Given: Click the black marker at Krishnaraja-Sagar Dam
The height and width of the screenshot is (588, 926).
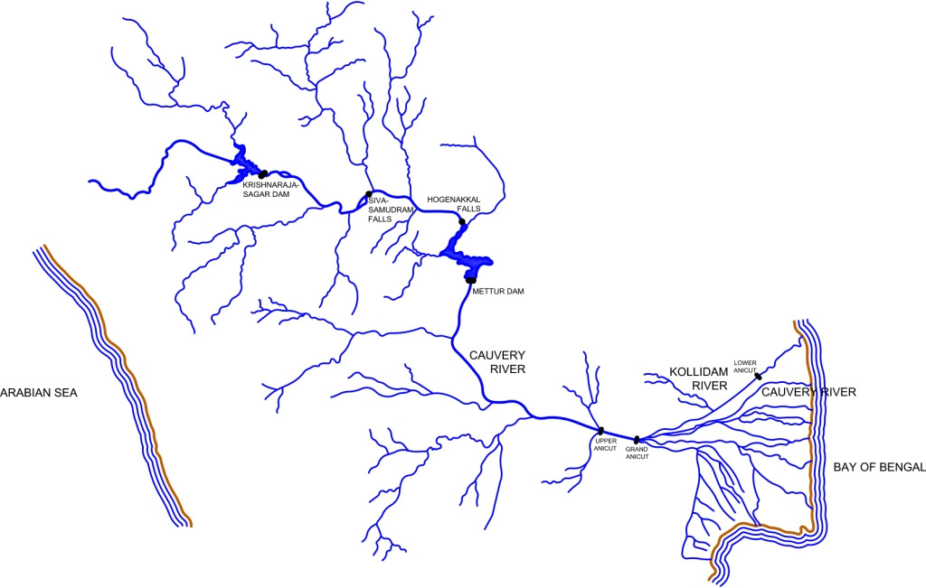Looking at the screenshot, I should [x=262, y=173].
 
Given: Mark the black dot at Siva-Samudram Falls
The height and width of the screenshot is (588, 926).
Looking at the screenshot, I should [x=368, y=194].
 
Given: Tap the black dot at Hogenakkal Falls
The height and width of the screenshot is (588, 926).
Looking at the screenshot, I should [x=461, y=221].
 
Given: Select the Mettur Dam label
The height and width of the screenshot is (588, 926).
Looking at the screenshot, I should [x=497, y=291].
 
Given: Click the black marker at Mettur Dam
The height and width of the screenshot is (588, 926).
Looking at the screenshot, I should [x=471, y=280].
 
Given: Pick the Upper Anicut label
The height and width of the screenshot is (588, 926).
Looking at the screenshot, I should [x=606, y=445].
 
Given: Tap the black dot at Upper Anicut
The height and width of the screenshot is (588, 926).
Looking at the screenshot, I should [x=600, y=430].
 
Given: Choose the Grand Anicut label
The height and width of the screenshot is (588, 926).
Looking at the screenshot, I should [x=638, y=453].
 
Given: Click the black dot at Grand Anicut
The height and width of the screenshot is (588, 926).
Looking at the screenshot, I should [x=637, y=440].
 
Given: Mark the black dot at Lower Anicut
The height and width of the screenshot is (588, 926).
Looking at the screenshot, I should [x=758, y=376].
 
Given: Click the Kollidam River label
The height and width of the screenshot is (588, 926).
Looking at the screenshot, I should [x=698, y=378].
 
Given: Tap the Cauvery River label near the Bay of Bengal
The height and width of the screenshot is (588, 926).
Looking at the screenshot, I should [x=808, y=392].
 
